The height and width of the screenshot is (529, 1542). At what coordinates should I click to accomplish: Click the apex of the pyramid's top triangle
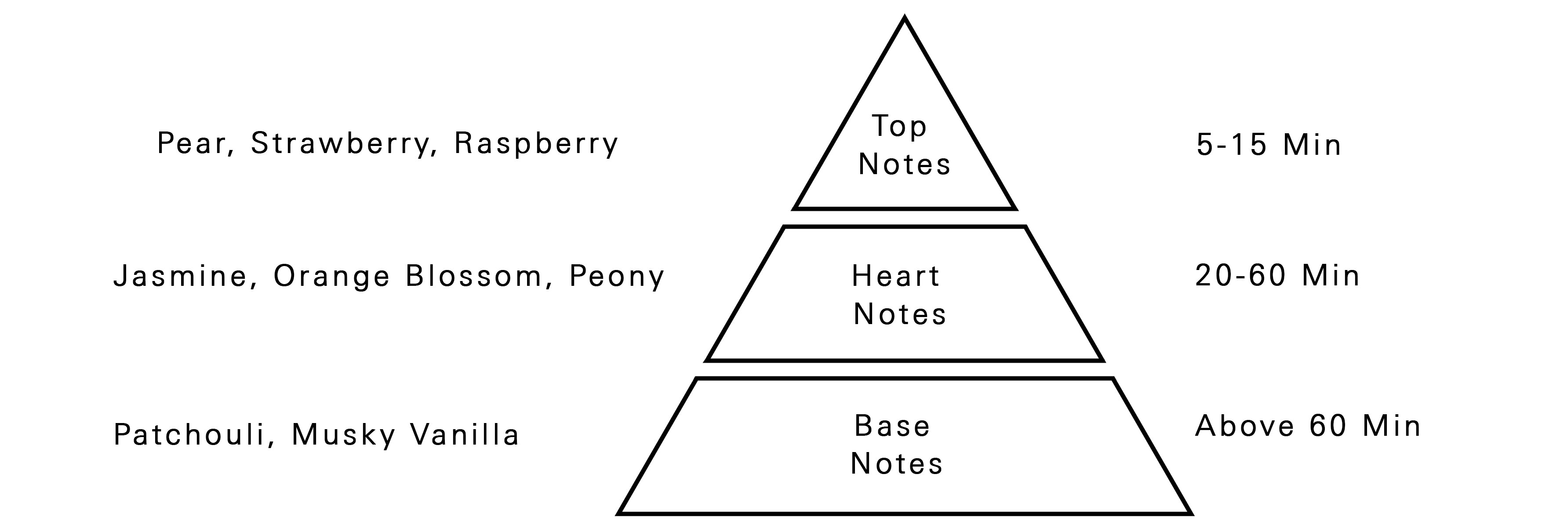(x=905, y=18)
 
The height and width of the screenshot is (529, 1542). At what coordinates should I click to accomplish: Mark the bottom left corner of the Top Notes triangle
(x=794, y=209)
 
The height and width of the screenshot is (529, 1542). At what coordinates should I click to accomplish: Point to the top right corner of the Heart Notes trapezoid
(x=1025, y=227)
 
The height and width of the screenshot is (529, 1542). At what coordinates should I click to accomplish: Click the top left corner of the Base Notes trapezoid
(x=697, y=379)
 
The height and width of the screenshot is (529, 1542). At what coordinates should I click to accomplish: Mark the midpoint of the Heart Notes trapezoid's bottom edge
(x=905, y=361)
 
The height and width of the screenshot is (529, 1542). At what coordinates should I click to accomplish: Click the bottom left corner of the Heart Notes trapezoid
(x=707, y=361)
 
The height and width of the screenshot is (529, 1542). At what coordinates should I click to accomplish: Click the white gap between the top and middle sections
(x=905, y=218)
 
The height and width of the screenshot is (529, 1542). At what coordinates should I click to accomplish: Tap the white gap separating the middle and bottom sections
(x=905, y=370)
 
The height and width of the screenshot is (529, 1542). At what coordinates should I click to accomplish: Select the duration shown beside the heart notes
(x=1277, y=276)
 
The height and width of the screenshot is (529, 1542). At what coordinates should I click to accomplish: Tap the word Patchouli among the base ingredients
(x=189, y=434)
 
